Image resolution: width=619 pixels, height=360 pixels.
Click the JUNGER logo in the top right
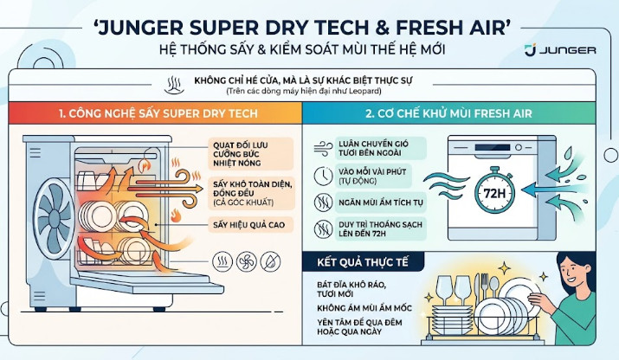tap(561, 49)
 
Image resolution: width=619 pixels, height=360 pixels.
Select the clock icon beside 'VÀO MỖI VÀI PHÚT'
tap(321, 175)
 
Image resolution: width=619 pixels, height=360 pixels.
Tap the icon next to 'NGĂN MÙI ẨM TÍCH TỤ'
tap(321, 203)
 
